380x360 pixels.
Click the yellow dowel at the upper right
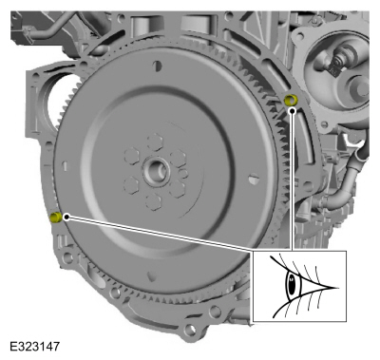click(292, 101)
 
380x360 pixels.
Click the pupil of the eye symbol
click(293, 284)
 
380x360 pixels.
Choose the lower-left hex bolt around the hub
click(131, 187)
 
